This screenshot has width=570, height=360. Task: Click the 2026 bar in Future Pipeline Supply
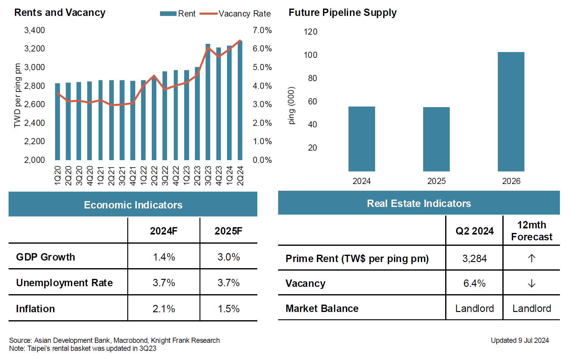(x=511, y=112)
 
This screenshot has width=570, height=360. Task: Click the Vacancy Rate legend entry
(x=235, y=14)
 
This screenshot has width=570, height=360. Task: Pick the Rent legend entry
(x=178, y=14)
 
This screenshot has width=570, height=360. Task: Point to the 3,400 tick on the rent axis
(x=34, y=30)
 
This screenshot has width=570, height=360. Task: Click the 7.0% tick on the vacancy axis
(x=262, y=30)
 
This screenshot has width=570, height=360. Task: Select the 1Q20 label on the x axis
(x=58, y=175)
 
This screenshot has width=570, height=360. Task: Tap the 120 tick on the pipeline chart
(x=310, y=32)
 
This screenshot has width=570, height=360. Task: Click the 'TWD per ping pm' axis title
(x=17, y=95)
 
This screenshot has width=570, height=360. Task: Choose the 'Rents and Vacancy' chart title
(x=60, y=13)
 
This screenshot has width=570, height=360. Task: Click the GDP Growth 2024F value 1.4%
(x=164, y=257)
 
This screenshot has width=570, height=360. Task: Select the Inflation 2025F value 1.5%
(x=229, y=309)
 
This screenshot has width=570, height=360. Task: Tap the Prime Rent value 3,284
(x=474, y=258)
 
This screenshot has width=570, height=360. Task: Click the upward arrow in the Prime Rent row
(x=531, y=258)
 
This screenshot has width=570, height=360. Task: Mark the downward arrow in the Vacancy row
(x=531, y=283)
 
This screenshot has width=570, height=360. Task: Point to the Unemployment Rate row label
(x=64, y=283)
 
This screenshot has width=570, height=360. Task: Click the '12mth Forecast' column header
(x=531, y=231)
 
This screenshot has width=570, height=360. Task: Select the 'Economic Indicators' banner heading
(x=133, y=205)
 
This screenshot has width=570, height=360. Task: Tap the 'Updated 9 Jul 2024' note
(x=520, y=340)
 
